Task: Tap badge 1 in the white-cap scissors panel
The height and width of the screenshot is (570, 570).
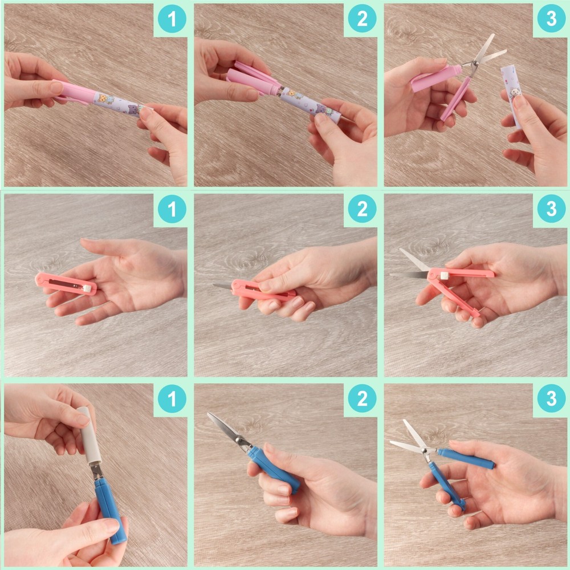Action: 172,400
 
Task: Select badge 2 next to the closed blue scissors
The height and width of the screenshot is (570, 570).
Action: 362,400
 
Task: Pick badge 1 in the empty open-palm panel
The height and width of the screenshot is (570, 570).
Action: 172,210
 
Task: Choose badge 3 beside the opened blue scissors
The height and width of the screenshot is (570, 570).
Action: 551,400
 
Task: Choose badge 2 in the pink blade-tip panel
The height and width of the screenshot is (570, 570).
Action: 362,210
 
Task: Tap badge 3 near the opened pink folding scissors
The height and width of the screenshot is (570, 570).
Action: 551,210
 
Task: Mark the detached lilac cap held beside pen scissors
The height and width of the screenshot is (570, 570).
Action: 511,94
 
